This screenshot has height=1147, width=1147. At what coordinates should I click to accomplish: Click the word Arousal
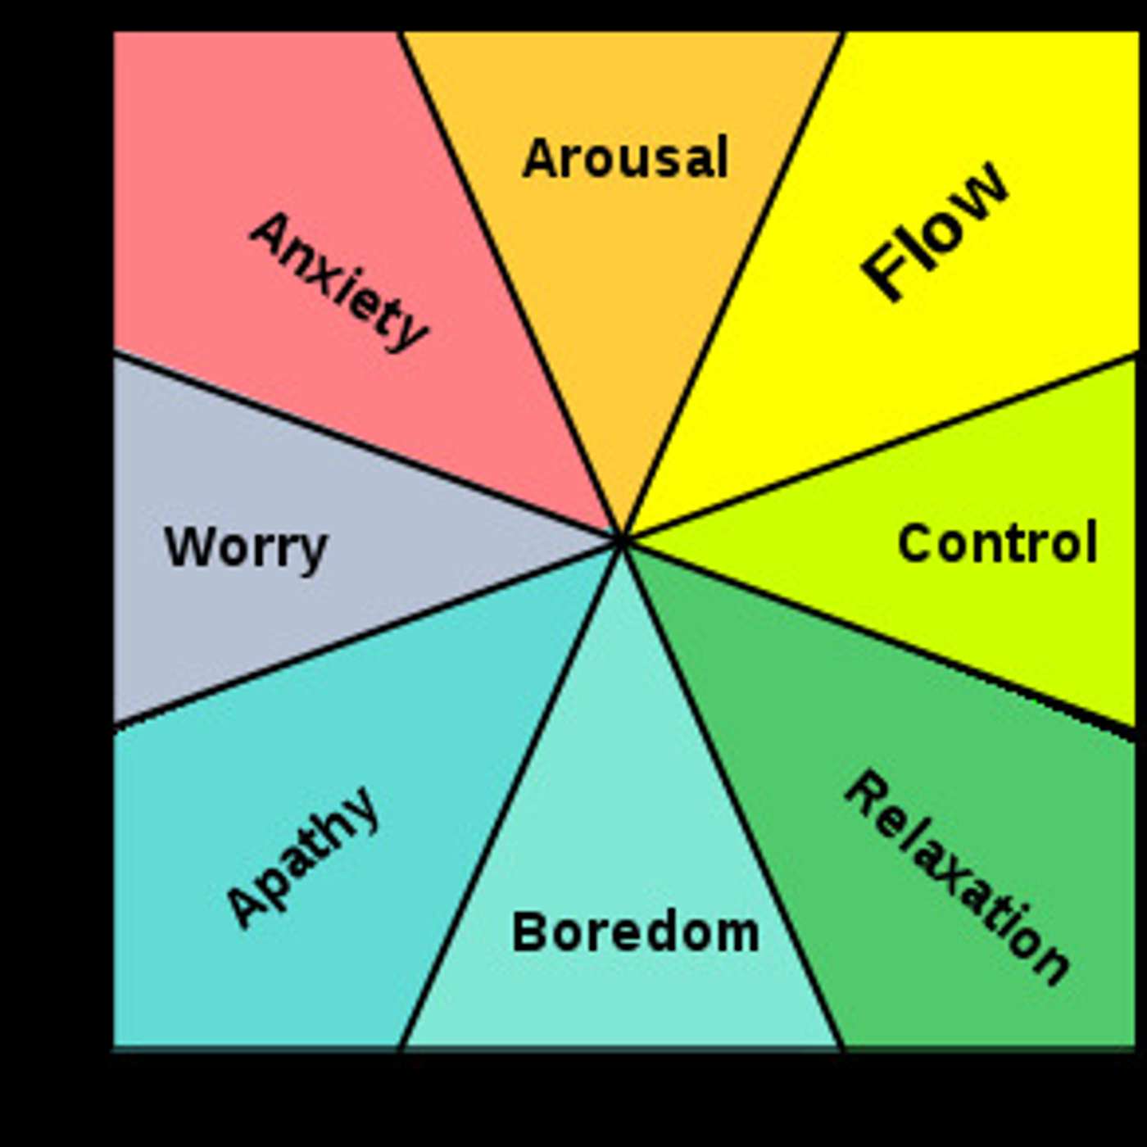[625, 157]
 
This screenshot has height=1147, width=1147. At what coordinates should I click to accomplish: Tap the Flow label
[934, 232]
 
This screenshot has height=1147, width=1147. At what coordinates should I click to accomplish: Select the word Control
[996, 542]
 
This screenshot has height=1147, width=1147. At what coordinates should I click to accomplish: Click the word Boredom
[635, 932]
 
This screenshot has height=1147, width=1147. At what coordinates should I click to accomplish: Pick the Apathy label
[303, 858]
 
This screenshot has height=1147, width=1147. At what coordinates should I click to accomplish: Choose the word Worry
[246, 547]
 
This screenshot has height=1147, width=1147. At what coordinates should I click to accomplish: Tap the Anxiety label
[338, 281]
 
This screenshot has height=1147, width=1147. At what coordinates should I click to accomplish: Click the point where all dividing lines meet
[623, 540]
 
